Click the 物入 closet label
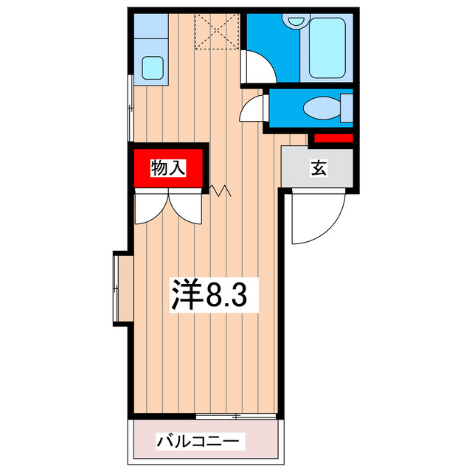pyautogui.click(x=167, y=168)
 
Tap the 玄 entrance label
pyautogui.click(x=318, y=168)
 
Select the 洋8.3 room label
pyautogui.click(x=209, y=294)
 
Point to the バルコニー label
pyautogui.click(x=198, y=442)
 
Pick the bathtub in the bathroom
pyautogui.click(x=328, y=48)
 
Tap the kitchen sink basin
pyautogui.click(x=154, y=68)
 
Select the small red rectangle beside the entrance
pyautogui.click(x=331, y=138)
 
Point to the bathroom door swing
pyautogui.click(x=259, y=63)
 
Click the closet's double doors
pyautogui.click(x=168, y=206)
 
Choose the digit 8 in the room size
pyautogui.click(x=215, y=294)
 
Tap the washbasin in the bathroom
pyautogui.click(x=296, y=21)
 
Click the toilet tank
pyautogui.click(x=346, y=108)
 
